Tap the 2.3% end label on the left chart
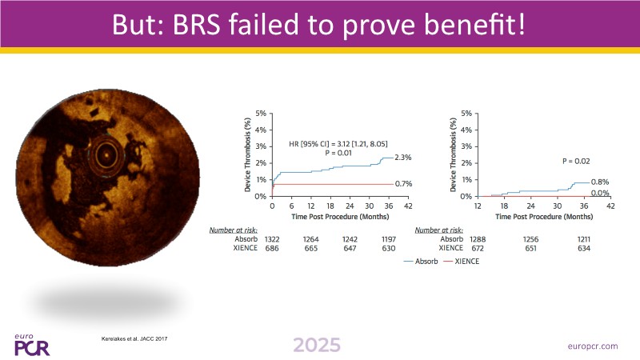click(404, 158)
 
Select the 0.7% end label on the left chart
click(404, 184)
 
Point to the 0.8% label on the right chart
click(600, 182)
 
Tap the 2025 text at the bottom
click(316, 345)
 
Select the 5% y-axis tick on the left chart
click(260, 113)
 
